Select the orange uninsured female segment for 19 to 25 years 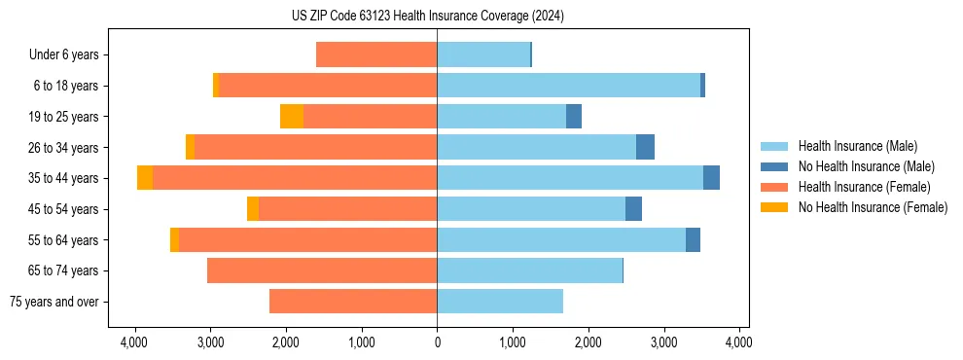click(x=291, y=117)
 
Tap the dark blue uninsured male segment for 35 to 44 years click(x=711, y=178)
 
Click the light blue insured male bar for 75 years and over click(x=500, y=302)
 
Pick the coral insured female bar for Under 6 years click(x=376, y=55)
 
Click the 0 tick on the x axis click(x=437, y=342)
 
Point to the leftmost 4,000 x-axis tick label click(x=133, y=342)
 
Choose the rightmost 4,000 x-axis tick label click(x=738, y=342)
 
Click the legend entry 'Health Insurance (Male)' click(x=857, y=147)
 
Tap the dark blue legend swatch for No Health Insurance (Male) click(x=773, y=167)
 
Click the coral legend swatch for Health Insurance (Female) click(x=773, y=187)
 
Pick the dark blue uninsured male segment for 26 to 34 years click(x=645, y=147)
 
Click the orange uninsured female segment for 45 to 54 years click(x=253, y=209)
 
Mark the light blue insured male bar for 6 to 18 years click(x=568, y=86)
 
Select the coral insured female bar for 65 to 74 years click(x=322, y=270)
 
